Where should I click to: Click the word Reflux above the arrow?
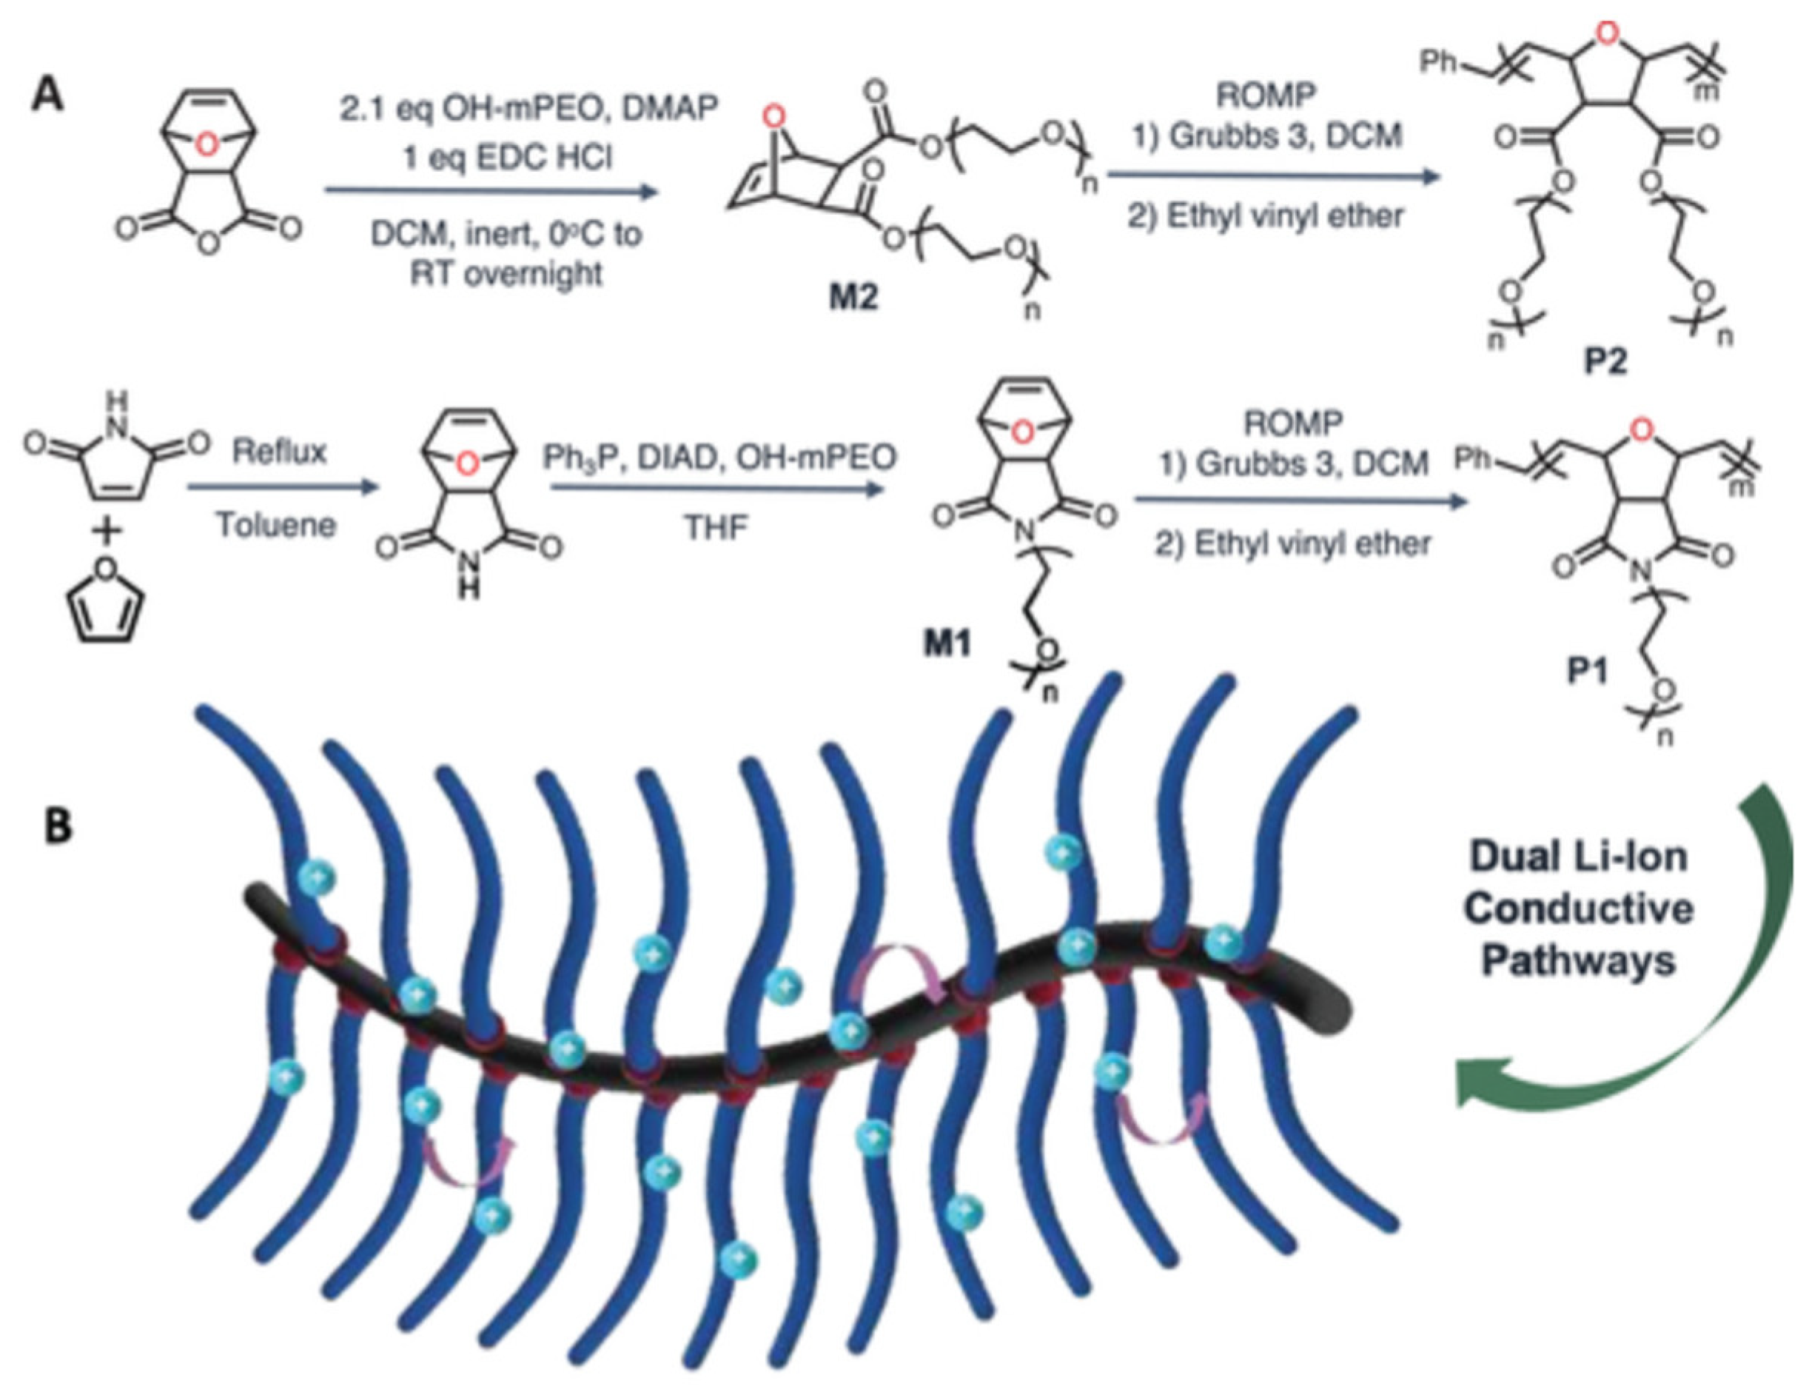click(279, 452)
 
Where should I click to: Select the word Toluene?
click(276, 525)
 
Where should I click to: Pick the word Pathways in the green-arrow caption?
click(1579, 961)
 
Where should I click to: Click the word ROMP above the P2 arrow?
click(1266, 96)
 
